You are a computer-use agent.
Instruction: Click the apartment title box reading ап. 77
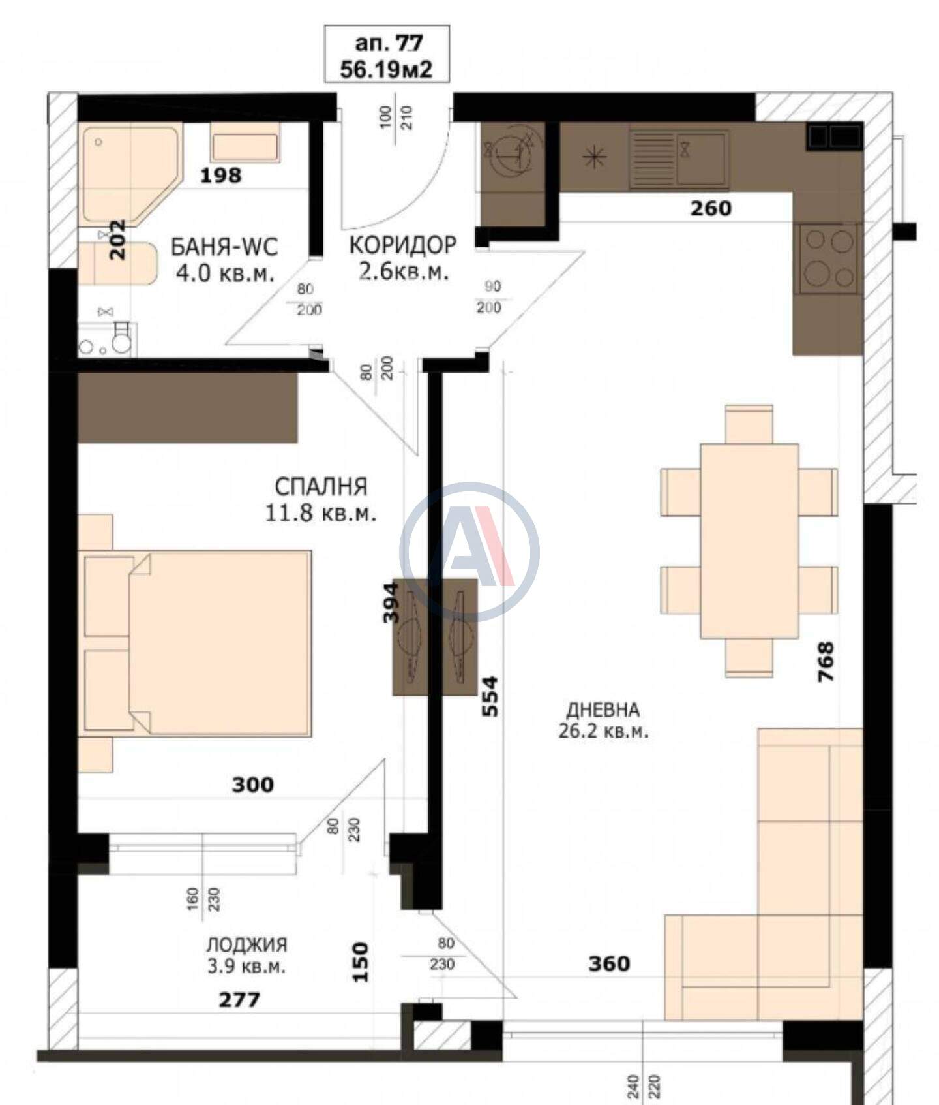[x=387, y=54]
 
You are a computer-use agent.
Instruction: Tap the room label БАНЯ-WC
[x=224, y=247]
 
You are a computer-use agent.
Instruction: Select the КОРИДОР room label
[x=403, y=245]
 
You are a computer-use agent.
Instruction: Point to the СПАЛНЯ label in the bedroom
[x=321, y=486]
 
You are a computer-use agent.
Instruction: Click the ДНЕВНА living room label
[x=603, y=709]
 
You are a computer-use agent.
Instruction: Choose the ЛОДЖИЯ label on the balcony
[x=246, y=944]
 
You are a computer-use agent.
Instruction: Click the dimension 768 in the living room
[x=826, y=662]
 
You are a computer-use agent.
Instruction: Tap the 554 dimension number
[x=490, y=696]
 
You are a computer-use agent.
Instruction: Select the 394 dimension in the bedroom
[x=390, y=602]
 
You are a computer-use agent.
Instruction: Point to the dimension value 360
[x=609, y=963]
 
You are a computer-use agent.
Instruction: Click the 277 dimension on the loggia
[x=239, y=999]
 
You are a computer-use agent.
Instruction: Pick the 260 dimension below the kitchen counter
[x=711, y=208]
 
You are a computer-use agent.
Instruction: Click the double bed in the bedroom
[x=195, y=644]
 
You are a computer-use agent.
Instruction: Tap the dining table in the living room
[x=749, y=541]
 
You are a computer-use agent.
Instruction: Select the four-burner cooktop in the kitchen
[x=829, y=258]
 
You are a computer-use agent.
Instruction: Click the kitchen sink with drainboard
[x=679, y=159]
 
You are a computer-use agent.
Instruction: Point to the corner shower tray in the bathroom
[x=130, y=175]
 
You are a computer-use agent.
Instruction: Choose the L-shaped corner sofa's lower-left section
[x=711, y=967]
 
